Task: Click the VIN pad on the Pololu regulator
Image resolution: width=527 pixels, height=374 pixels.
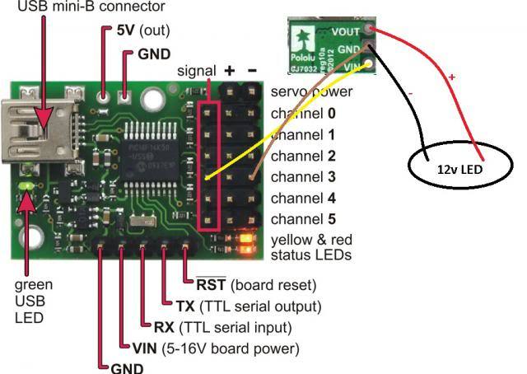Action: click(x=371, y=65)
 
